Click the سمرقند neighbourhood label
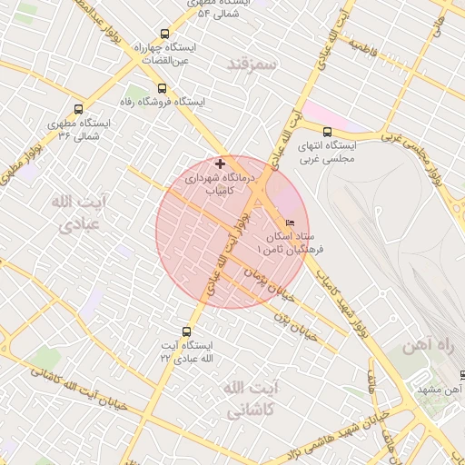tap(253, 64)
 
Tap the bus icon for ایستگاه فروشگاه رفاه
tap(162, 88)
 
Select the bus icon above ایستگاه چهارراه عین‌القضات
tap(163, 34)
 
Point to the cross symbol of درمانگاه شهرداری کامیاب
tap(220, 163)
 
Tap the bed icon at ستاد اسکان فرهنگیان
tap(291, 223)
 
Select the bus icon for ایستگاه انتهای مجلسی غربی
tap(327, 131)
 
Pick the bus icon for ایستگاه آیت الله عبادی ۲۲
tap(187, 331)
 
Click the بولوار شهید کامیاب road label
tap(345, 300)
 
